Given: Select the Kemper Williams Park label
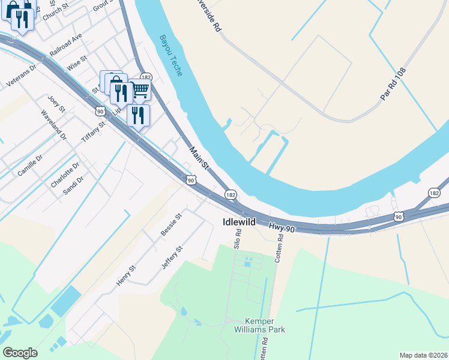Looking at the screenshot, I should click(264, 325).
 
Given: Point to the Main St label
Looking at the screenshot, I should click(199, 158).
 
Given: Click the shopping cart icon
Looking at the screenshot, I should click(140, 90).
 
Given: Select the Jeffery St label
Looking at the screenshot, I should click(172, 257).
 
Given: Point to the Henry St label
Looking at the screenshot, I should click(127, 275).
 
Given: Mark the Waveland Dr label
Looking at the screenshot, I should click(53, 125).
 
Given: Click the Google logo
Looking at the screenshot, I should click(20, 353).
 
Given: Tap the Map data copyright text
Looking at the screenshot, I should click(423, 355).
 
